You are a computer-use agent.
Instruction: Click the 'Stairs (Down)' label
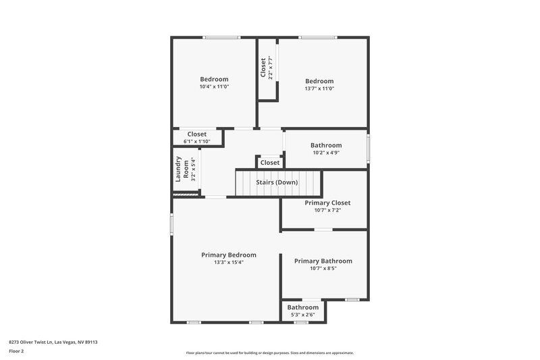[x=277, y=182]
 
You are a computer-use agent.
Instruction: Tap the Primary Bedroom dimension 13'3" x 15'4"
[x=229, y=262]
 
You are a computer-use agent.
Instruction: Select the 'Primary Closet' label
[x=327, y=203]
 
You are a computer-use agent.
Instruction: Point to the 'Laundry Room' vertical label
[x=182, y=170]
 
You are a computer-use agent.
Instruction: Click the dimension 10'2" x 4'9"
[x=326, y=153]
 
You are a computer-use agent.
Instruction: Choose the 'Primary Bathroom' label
[x=323, y=261]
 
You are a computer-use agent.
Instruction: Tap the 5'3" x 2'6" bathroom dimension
[x=303, y=315]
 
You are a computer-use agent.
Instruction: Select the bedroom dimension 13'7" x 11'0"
[x=319, y=88]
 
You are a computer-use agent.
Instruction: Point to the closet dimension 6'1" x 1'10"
[x=196, y=142]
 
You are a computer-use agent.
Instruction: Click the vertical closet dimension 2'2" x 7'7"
[x=271, y=68]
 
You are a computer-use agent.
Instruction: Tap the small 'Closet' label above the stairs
[x=270, y=163]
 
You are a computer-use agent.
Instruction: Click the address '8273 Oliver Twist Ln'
[x=34, y=342]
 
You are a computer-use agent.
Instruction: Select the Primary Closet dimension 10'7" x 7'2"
[x=327, y=210]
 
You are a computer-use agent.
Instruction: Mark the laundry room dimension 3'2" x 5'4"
[x=193, y=170]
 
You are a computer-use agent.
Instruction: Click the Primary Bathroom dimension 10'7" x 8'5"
[x=323, y=268]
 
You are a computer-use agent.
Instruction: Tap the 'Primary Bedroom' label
[x=229, y=255]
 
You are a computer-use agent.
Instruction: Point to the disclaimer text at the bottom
[x=270, y=353]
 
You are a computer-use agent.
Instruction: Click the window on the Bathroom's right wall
[x=369, y=149]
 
